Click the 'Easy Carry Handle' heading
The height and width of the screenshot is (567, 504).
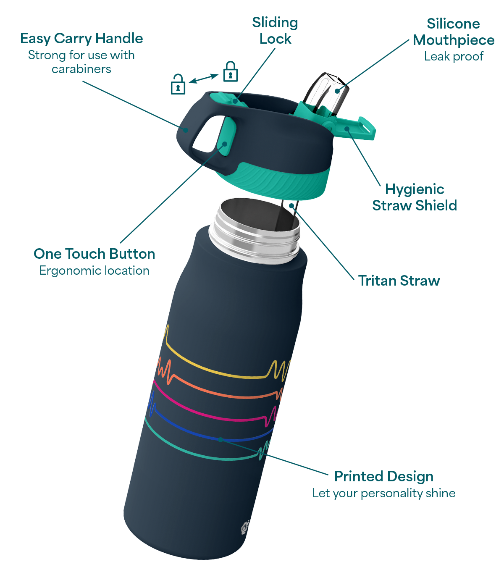point(81,39)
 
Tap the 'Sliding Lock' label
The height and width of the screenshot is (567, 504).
point(275,31)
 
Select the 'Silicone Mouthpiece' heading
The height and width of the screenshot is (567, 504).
point(453,31)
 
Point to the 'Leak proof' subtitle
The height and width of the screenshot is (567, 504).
point(454,56)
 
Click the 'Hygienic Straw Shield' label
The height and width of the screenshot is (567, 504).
point(415,197)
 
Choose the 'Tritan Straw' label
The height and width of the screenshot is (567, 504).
point(399,281)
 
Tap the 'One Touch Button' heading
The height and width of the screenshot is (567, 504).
point(94,254)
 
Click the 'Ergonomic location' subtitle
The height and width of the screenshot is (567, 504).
point(94,270)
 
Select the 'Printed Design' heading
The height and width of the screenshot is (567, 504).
point(383,476)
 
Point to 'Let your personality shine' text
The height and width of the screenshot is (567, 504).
point(383,493)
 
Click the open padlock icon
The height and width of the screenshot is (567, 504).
point(178,84)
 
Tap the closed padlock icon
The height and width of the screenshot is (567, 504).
point(230,71)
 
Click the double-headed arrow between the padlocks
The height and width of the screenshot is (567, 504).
point(203,79)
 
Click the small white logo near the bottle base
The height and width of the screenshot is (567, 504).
point(245,527)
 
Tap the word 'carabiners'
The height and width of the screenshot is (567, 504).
point(81,69)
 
